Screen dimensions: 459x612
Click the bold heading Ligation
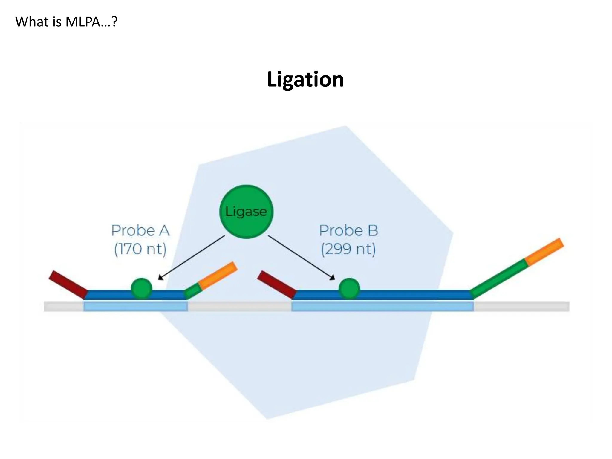305,79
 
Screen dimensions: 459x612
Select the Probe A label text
140,230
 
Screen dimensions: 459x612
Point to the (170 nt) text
140,249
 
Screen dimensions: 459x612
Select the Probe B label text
348,230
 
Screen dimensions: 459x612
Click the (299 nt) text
348,249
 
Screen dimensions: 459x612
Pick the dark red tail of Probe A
68,284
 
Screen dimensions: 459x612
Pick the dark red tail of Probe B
276,284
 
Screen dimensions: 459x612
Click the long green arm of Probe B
498,278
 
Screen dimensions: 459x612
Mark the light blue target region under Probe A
135,306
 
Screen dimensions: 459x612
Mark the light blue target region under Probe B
382,306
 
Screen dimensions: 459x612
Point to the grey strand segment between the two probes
239,306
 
